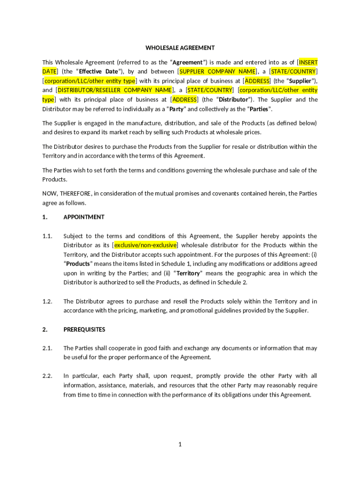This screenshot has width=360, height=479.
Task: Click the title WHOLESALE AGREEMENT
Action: (180, 48)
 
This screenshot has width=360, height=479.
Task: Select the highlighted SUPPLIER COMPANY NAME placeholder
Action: (218, 72)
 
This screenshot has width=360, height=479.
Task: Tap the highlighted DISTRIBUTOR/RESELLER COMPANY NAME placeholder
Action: (115, 90)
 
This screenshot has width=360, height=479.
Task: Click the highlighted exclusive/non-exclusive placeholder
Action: (145, 245)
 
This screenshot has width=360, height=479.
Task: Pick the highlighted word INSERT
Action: (308, 62)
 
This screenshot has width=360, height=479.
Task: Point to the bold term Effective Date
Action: (98, 72)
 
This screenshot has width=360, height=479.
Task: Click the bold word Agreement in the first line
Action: (188, 62)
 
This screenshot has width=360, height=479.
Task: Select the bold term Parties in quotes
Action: (259, 109)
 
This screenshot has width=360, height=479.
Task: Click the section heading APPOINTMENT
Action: (84, 217)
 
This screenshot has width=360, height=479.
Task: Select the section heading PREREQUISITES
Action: (84, 329)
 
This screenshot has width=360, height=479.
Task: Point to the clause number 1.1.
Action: (47, 236)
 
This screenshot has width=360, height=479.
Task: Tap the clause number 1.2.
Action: (47, 301)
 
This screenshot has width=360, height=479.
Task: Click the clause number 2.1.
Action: (47, 348)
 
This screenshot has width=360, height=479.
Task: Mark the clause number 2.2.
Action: (47, 376)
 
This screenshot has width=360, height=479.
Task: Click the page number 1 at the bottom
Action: (180, 444)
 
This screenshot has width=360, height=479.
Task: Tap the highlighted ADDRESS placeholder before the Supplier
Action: (257, 81)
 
